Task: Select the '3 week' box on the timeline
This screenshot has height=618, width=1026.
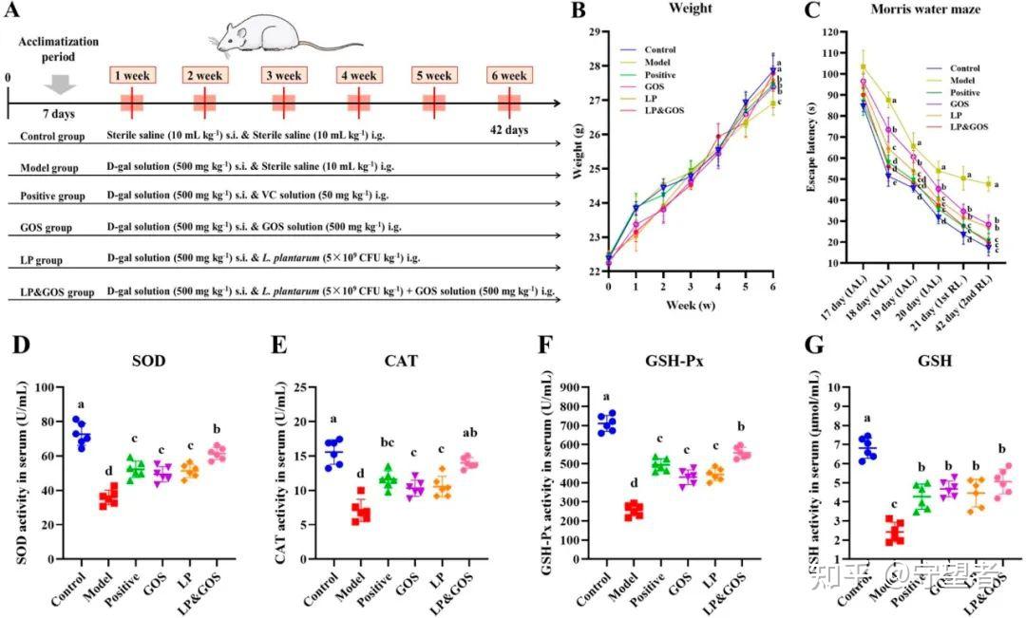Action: point(282,74)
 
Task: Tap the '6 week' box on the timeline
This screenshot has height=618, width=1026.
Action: point(510,74)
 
